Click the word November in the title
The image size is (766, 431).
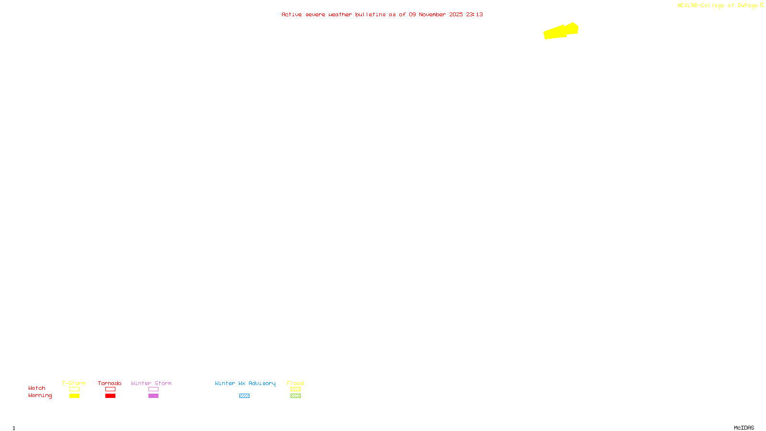432,14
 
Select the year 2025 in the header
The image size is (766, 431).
456,14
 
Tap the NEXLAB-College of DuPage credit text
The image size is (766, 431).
717,5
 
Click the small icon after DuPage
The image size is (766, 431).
762,5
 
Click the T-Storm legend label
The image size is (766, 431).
74,383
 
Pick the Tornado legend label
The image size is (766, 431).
110,383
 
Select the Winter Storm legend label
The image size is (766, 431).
151,383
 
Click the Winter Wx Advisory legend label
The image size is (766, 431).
245,383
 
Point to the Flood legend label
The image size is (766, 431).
295,383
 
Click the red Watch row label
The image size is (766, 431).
37,388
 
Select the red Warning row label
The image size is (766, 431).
40,396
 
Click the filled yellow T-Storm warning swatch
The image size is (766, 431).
74,396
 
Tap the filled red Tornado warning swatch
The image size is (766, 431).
110,396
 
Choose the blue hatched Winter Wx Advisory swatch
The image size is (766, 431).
244,396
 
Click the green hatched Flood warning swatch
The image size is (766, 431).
295,396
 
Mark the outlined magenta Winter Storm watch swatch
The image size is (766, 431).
153,389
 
